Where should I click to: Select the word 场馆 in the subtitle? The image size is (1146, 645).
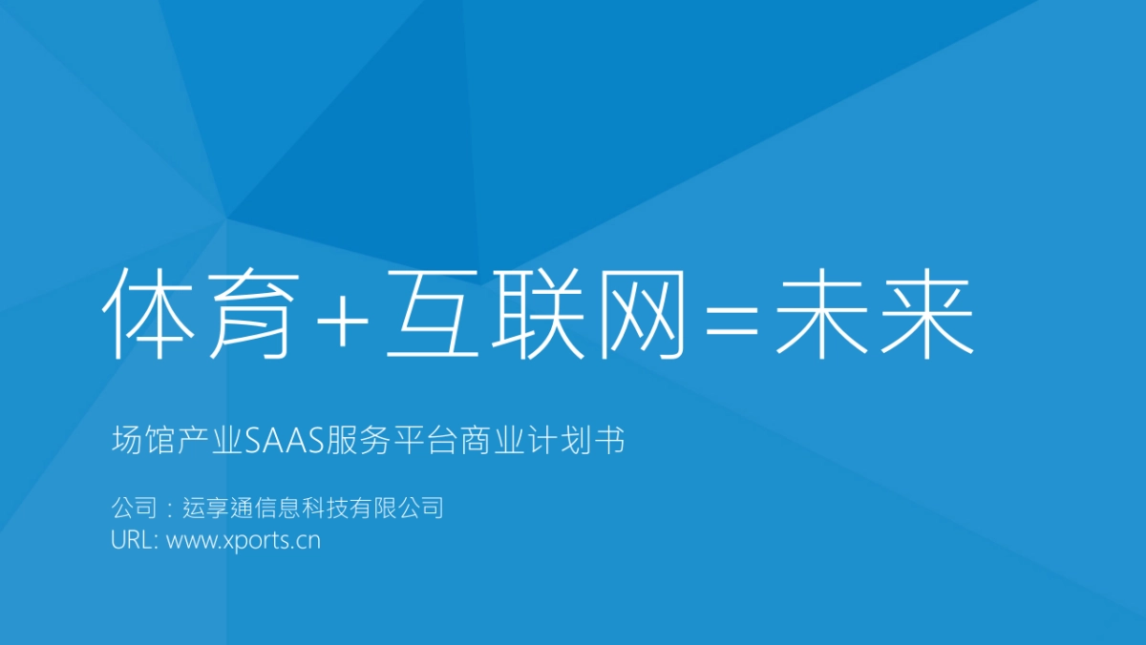pos(137,441)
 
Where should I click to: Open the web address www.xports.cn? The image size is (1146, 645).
pos(244,541)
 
